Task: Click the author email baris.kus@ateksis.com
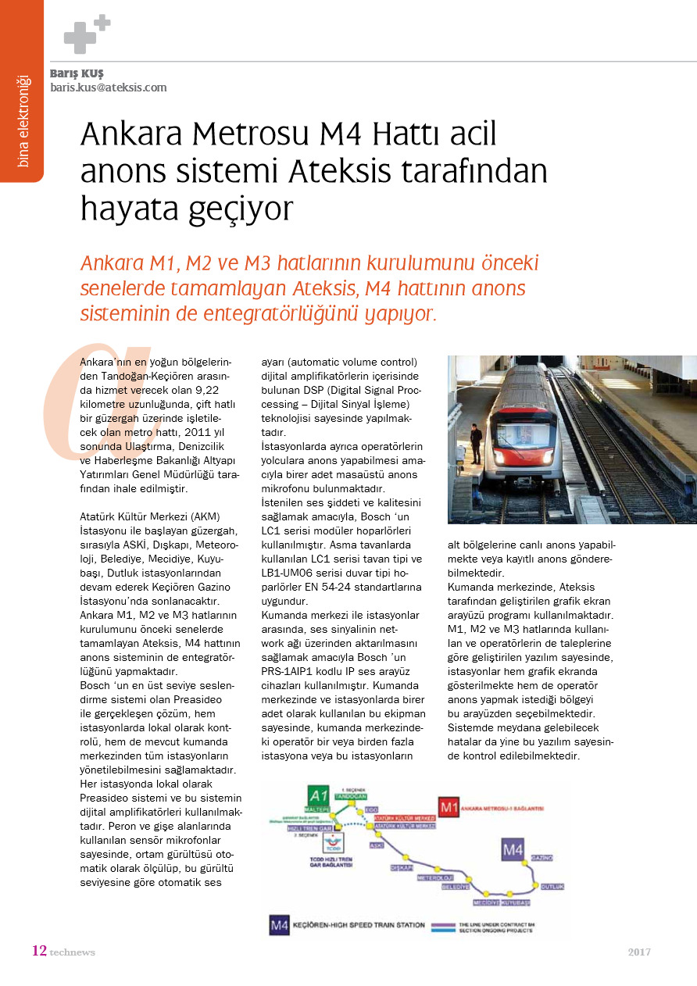click(109, 88)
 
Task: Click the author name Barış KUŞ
click(77, 73)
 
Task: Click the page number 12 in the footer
click(39, 951)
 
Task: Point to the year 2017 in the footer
click(639, 952)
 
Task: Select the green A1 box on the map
click(318, 795)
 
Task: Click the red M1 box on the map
click(449, 806)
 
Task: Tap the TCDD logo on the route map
click(333, 845)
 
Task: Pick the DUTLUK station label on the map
click(552, 887)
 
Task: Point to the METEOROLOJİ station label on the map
click(435, 877)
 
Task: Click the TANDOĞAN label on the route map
click(351, 795)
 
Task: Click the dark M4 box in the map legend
click(279, 925)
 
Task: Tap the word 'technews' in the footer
click(72, 952)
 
